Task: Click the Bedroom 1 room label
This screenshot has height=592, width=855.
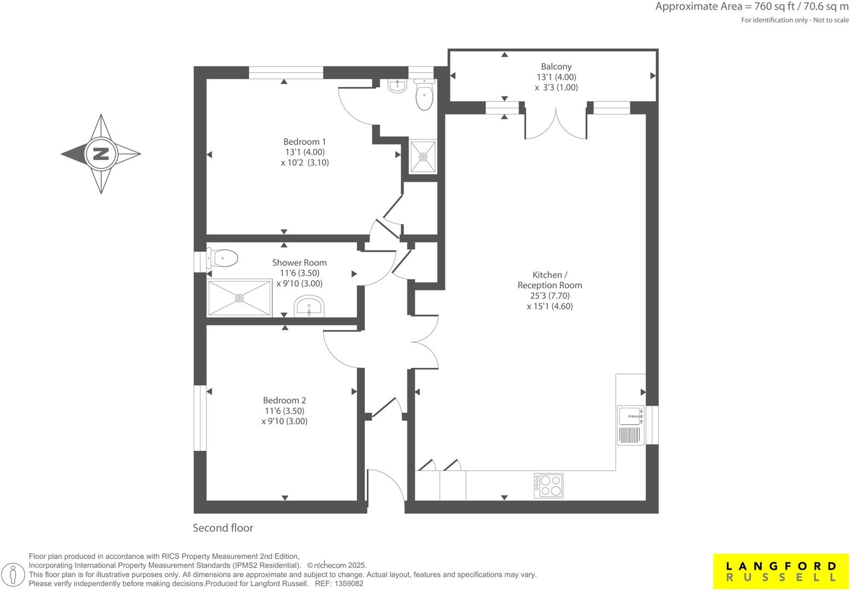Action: [305, 141]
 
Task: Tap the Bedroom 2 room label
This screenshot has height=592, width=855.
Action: [284, 401]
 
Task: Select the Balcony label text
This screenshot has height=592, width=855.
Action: [556, 66]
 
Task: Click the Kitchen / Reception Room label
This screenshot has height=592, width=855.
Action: [550, 280]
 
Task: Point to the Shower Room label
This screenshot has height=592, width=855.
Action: [299, 263]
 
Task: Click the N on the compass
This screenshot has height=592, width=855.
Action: [101, 154]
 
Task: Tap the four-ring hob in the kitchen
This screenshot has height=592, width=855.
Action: [549, 485]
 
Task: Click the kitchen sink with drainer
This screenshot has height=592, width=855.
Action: [631, 425]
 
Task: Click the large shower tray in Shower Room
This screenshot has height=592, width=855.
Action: [240, 298]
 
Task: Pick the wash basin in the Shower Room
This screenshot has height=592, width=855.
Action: [310, 306]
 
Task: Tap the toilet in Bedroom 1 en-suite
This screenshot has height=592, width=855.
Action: [424, 96]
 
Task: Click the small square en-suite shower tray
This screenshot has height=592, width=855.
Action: [423, 157]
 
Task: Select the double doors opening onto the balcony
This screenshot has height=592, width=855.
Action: [556, 123]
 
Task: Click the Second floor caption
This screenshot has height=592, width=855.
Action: [223, 528]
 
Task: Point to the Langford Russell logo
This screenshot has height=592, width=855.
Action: [781, 571]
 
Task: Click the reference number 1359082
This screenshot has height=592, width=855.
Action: [348, 584]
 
